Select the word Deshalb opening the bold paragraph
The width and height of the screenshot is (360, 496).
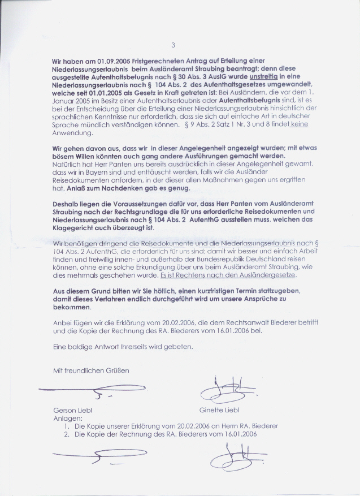pos(67,202)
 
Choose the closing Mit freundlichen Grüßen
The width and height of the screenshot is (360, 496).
pos(90,370)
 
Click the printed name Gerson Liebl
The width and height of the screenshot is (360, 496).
pos(72,410)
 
